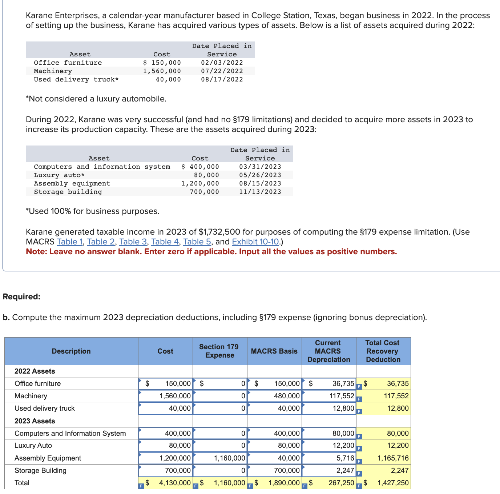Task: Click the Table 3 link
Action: point(133,242)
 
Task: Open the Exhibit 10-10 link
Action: point(255,242)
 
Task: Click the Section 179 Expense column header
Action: point(219,351)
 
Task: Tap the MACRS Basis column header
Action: point(274,351)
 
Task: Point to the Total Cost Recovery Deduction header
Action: point(383,351)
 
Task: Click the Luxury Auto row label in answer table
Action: point(33,446)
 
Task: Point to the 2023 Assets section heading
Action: point(35,421)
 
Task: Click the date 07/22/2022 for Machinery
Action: point(222,71)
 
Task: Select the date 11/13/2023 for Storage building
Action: point(260,192)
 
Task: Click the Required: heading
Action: point(21,296)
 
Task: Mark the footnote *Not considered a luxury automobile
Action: point(96,99)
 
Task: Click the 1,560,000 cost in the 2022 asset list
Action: point(162,71)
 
